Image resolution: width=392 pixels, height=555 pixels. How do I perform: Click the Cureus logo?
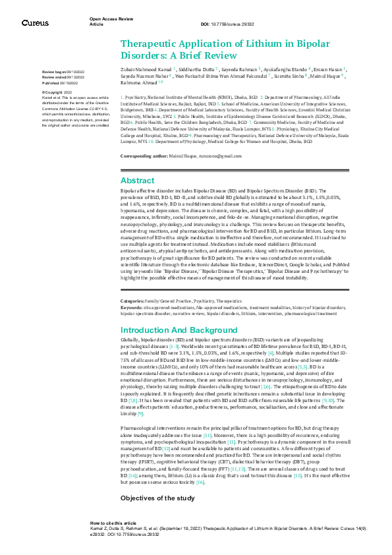35,23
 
